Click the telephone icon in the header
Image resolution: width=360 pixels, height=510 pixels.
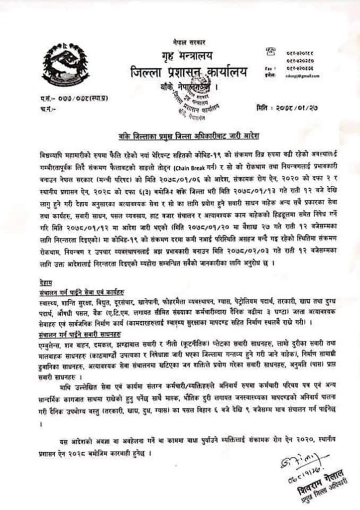pos(271,50)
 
